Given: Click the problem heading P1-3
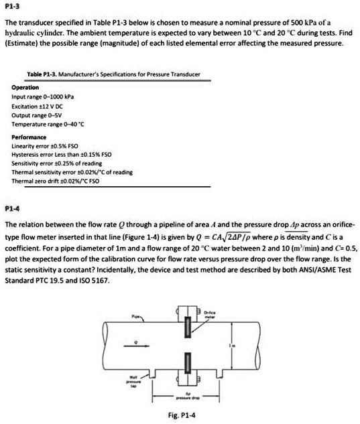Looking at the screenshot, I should [12, 6].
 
